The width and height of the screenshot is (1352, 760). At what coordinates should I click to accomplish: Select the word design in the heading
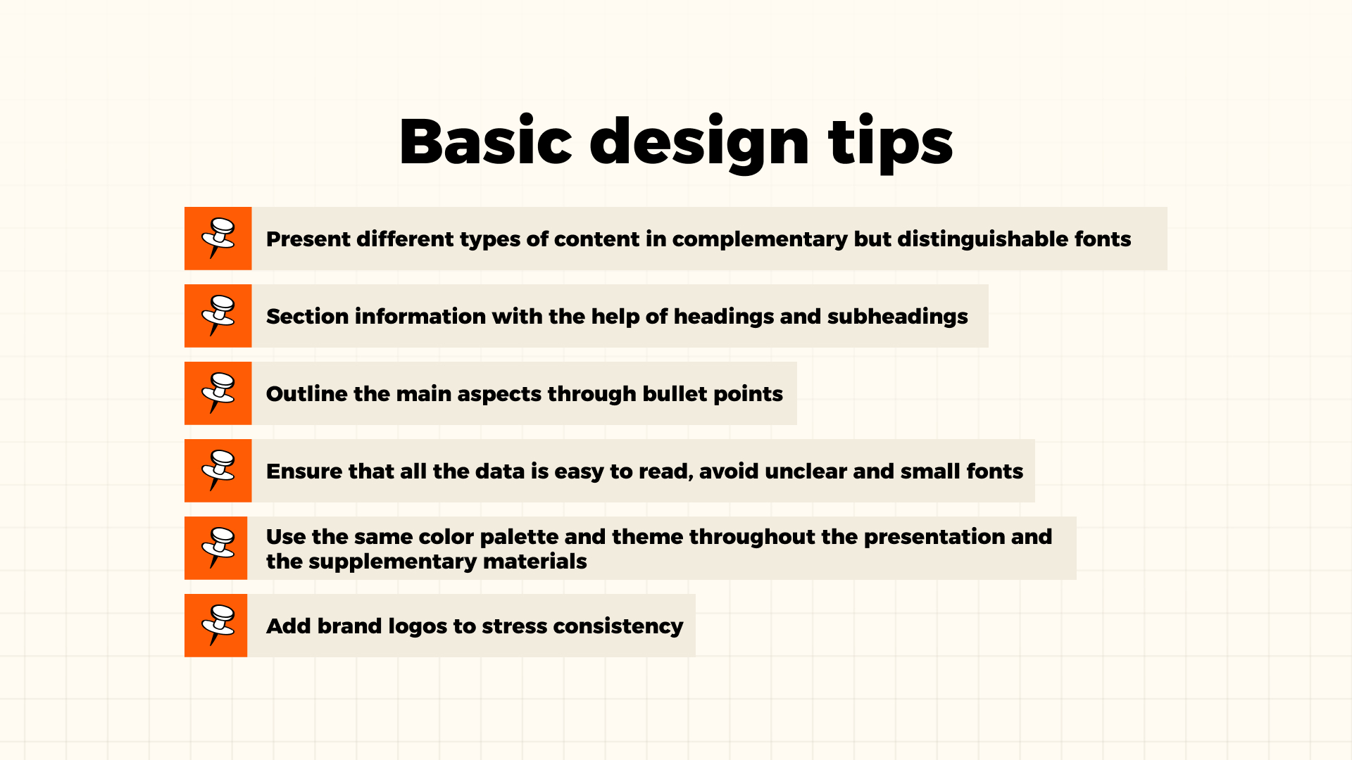click(699, 143)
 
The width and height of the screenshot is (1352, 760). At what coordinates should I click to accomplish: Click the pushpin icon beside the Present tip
click(218, 238)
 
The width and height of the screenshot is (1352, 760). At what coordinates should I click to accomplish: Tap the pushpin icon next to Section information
click(218, 315)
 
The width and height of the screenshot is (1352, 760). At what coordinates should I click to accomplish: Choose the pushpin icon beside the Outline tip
click(218, 393)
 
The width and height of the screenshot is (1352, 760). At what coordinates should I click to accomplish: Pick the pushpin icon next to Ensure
click(218, 470)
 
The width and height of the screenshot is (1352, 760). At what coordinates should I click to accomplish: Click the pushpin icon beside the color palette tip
click(217, 547)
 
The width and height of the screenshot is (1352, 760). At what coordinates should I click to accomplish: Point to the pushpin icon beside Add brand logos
click(217, 625)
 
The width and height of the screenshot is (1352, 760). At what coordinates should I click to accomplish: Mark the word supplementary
click(379, 562)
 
